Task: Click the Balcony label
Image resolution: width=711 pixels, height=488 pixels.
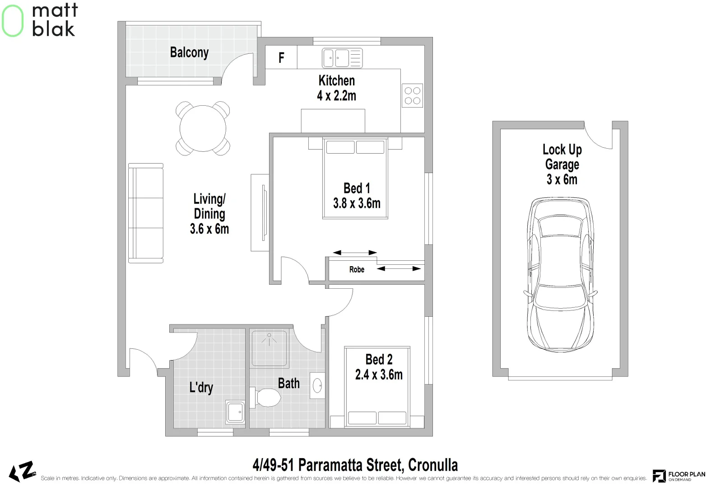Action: point(189,52)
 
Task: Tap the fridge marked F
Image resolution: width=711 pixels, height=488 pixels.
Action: point(281,57)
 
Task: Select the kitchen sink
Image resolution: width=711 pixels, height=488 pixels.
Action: point(342,58)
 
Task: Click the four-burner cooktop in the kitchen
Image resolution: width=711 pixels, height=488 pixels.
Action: point(412,95)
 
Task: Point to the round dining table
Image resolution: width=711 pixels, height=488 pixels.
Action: point(203,128)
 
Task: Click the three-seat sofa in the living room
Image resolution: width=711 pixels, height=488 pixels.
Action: point(146,213)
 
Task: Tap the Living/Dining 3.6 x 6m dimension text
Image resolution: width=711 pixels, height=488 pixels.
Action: point(209,229)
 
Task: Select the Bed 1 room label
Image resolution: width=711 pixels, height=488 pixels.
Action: point(357,188)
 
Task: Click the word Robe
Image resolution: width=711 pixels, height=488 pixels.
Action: point(357,269)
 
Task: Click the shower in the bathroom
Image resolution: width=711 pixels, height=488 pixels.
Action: point(269,348)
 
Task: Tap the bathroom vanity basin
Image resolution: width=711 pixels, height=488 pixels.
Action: point(317,385)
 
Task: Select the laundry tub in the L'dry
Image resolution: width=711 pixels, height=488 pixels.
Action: point(235,412)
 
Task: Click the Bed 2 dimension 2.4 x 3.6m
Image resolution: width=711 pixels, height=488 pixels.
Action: point(379,375)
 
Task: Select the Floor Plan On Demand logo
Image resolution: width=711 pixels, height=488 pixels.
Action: point(679,476)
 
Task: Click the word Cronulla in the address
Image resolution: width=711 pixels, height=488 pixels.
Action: point(433,465)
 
